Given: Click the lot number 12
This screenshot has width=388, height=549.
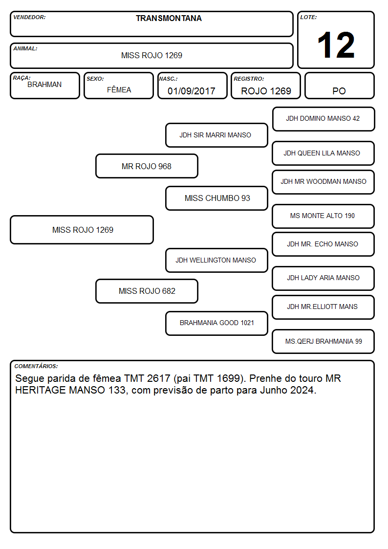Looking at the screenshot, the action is [x=336, y=45].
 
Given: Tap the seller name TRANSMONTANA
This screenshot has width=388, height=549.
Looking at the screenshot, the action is [x=169, y=18].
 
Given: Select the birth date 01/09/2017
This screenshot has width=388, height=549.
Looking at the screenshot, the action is [x=192, y=91].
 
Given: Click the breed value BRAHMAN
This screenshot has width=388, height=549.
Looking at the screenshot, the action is [x=44, y=85].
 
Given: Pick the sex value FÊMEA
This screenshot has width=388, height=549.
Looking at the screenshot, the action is [x=119, y=89].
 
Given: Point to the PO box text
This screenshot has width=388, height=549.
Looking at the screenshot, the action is [x=339, y=91].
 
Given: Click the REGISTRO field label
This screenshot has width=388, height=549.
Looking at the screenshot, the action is [x=249, y=79].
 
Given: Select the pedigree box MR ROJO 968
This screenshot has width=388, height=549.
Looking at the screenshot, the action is [x=147, y=166].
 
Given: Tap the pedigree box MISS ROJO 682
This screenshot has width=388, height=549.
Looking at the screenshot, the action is [x=147, y=291].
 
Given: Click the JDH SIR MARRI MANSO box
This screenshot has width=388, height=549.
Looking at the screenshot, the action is [x=216, y=135].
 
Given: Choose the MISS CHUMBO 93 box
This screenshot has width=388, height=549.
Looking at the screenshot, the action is [x=216, y=198].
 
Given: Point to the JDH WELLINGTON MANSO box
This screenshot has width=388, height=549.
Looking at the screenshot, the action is [x=216, y=260].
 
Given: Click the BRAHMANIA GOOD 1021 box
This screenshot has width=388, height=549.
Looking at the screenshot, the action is [x=216, y=323].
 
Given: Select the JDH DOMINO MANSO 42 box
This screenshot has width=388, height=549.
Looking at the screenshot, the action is [x=323, y=119].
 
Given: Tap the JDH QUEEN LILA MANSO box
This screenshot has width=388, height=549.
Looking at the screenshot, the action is [x=323, y=153].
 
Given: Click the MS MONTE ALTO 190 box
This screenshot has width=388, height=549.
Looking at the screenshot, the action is [x=323, y=216].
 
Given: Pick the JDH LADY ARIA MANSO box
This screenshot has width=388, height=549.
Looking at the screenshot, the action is [x=323, y=278].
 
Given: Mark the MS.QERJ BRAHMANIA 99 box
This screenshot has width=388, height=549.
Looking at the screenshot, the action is [x=323, y=341].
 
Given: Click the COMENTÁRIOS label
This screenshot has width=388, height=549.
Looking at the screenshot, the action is [x=36, y=366].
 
